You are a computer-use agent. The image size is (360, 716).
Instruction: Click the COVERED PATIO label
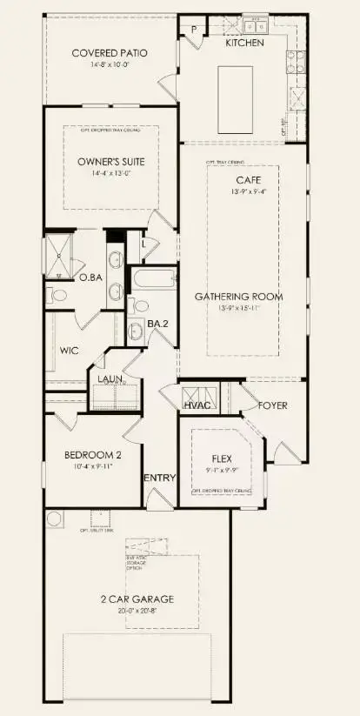click(x=109, y=53)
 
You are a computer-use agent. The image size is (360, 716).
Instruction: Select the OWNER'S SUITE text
click(x=111, y=162)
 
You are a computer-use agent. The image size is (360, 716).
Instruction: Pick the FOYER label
click(x=273, y=406)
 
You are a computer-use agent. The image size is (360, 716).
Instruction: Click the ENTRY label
click(x=160, y=478)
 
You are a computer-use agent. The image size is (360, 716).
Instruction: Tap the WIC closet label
click(x=70, y=351)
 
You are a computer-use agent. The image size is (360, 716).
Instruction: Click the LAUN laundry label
click(x=109, y=379)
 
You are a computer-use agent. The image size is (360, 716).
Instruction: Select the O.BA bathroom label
click(x=90, y=278)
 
